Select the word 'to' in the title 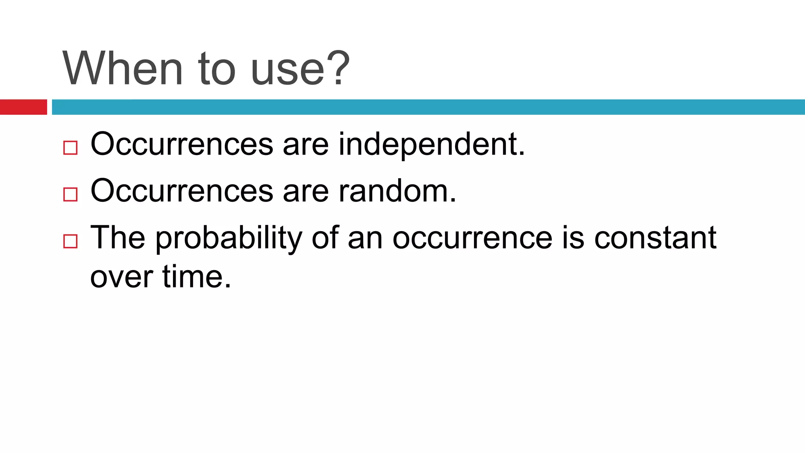click(217, 68)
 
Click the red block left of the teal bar click(23, 107)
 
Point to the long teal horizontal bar click(428, 107)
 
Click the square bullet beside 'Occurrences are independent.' click(70, 148)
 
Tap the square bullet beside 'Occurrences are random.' click(70, 194)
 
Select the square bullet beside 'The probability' click(70, 241)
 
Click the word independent click(432, 145)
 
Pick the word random click(397, 191)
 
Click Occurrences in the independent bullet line click(182, 144)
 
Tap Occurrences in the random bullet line click(182, 191)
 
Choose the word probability click(229, 238)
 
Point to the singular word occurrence click(472, 238)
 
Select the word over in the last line click(121, 277)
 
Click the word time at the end click(196, 276)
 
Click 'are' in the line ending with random click(305, 192)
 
